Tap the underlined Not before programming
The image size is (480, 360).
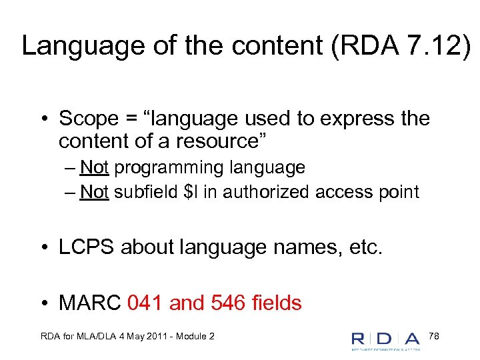point(94,167)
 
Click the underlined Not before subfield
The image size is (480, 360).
point(94,193)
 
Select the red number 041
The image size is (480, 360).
point(145,303)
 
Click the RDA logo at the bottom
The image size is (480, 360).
point(386,339)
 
